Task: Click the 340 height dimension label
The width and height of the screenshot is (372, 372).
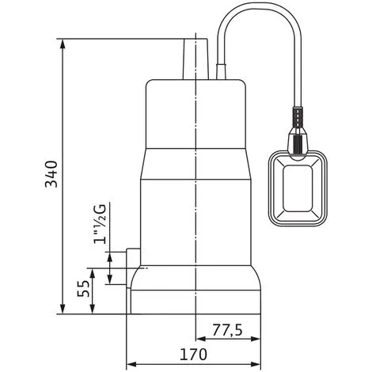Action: (51, 174)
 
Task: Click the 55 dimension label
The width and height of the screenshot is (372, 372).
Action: (83, 289)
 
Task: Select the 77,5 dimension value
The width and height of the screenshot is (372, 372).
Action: (227, 330)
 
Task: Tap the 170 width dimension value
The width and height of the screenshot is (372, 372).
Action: (193, 355)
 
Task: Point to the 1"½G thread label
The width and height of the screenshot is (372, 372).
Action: (100, 223)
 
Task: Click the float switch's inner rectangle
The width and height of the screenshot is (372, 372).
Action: (298, 188)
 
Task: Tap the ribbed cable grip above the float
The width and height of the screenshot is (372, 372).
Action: (298, 117)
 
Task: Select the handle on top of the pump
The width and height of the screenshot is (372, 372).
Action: (195, 59)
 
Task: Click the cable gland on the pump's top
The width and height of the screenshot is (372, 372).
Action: (221, 71)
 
